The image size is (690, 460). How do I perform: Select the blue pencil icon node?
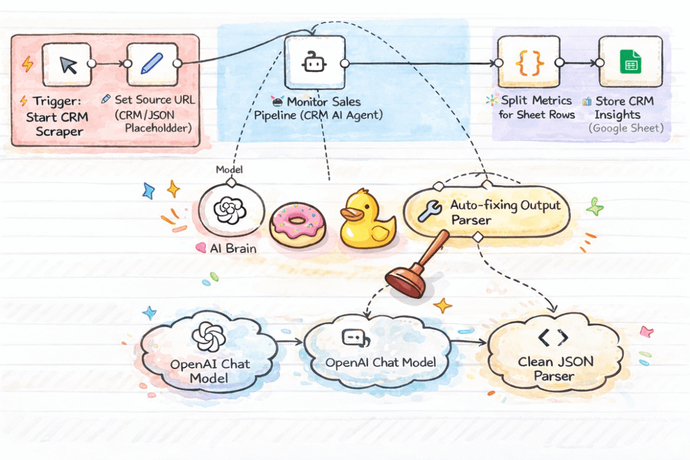[x=147, y=63]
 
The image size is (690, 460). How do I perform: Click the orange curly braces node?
[x=521, y=62]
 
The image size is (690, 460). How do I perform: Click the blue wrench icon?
[x=429, y=211]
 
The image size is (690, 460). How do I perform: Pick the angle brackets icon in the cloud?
[x=553, y=337]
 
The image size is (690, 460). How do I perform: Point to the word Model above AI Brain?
[x=229, y=170]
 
